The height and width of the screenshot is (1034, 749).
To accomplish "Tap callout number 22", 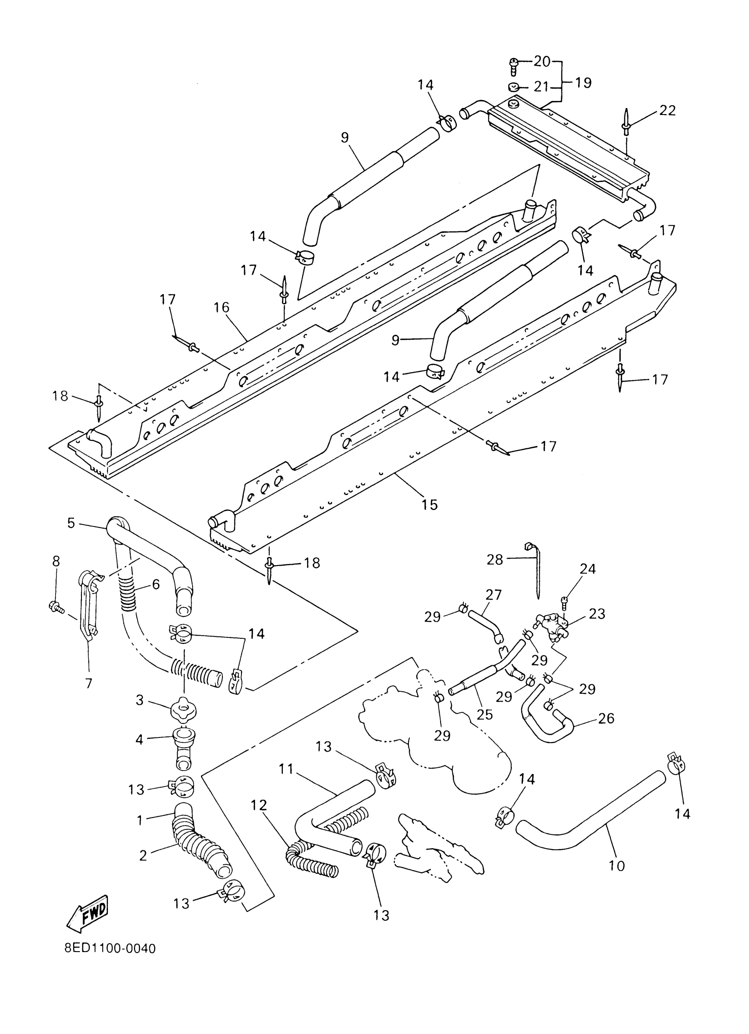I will (667, 111).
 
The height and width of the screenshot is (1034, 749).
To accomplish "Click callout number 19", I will (583, 83).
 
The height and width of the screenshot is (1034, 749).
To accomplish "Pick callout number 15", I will (430, 504).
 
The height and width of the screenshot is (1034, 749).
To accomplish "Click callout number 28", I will (495, 560).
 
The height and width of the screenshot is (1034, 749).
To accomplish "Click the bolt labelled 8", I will (56, 606).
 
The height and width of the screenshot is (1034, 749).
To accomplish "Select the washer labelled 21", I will (514, 87).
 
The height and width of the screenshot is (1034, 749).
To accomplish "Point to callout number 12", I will (259, 805).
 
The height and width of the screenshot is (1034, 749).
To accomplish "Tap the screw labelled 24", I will (565, 601).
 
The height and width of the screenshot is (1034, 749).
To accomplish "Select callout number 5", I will (70, 523).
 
